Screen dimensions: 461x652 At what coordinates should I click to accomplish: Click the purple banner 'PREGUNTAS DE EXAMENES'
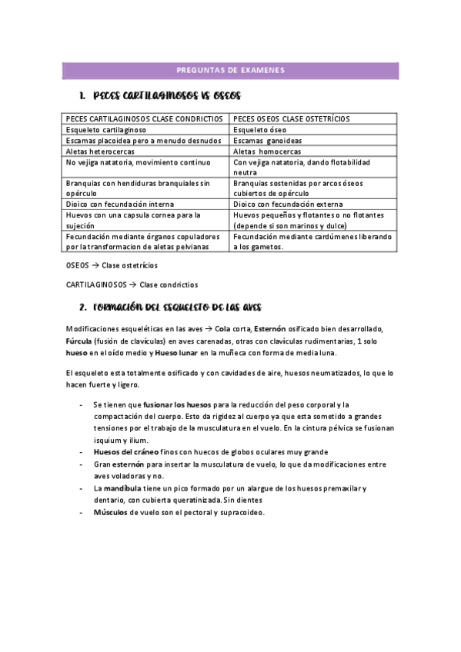coord(230,71)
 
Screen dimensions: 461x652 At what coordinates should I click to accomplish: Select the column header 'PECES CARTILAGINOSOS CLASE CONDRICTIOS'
coord(145,119)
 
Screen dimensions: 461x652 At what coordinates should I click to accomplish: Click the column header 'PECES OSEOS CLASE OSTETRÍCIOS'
coord(291,119)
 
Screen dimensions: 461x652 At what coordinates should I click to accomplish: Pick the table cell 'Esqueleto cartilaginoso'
coord(106,130)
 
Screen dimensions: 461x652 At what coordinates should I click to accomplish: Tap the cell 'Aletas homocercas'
coord(267,151)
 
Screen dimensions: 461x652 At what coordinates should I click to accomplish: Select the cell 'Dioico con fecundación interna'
coord(120,204)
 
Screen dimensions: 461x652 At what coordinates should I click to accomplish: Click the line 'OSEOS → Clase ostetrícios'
coord(112,265)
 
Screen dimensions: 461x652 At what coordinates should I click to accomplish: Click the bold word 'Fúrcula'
coord(79,341)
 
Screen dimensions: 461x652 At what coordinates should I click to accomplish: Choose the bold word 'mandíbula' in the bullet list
coord(123,488)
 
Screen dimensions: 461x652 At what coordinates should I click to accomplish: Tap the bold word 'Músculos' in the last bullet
coord(110,512)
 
